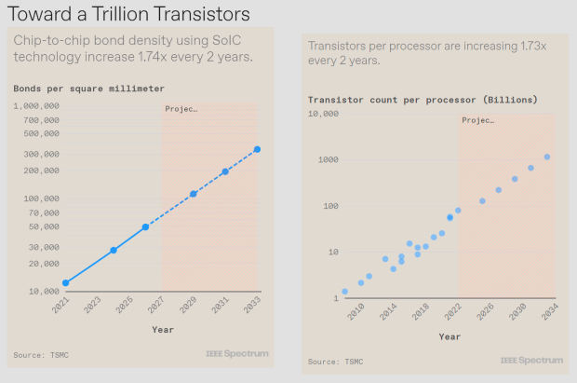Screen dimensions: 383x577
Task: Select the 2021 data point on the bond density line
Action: click(x=65, y=282)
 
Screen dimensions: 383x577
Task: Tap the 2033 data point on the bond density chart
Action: click(x=257, y=149)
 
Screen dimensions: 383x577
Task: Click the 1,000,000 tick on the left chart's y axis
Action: click(x=37, y=106)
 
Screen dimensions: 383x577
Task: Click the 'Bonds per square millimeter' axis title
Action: click(x=88, y=89)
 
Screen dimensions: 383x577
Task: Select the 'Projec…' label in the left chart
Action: click(x=181, y=109)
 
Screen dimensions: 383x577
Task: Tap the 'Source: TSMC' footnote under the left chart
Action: click(x=40, y=355)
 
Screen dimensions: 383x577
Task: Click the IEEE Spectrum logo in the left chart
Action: click(x=236, y=354)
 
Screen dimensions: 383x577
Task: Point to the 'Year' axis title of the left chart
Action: click(x=162, y=329)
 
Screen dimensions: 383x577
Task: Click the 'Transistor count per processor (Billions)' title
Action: click(x=423, y=100)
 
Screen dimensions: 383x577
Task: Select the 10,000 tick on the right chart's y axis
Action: click(x=323, y=114)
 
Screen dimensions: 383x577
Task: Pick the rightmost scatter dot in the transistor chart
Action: click(x=547, y=157)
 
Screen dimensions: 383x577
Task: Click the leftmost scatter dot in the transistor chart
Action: click(x=344, y=292)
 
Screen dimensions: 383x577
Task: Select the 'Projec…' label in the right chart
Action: click(x=477, y=120)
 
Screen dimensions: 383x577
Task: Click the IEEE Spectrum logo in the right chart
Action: click(x=530, y=361)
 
